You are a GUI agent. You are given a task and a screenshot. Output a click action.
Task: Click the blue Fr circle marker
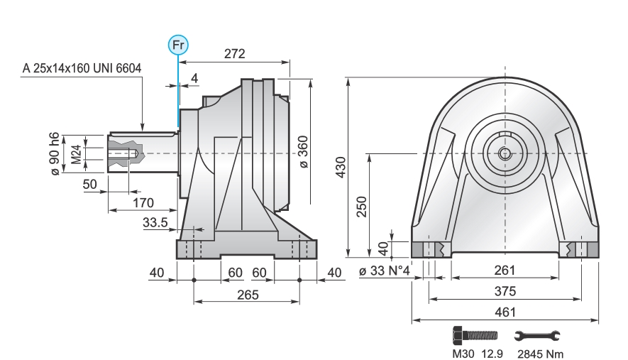click(178, 45)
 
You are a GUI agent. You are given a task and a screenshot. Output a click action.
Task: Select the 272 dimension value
click(234, 54)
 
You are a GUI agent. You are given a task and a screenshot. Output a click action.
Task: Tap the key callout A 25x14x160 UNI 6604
click(82, 68)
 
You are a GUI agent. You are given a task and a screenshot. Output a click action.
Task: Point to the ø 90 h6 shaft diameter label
click(55, 153)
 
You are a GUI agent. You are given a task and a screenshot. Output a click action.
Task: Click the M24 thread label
click(76, 154)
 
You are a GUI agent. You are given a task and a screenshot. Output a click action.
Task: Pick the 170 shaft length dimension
click(143, 203)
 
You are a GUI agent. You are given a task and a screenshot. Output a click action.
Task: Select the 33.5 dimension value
click(155, 222)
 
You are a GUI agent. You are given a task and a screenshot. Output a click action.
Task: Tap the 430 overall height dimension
click(340, 167)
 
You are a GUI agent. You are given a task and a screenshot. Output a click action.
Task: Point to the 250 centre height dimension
click(362, 207)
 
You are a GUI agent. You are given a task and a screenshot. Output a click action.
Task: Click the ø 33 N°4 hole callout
click(384, 271)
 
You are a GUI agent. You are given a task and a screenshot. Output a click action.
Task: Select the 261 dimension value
click(505, 271)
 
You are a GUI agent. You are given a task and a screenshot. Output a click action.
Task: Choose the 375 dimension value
click(505, 291)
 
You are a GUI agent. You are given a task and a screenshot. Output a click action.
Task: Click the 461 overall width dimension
click(505, 312)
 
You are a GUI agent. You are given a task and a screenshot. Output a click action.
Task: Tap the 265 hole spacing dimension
click(248, 295)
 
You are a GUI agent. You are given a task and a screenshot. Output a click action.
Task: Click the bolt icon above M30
click(475, 335)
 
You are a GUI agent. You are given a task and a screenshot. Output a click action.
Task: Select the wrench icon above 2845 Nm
click(537, 336)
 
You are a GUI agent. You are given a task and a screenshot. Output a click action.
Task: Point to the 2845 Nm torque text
click(540, 354)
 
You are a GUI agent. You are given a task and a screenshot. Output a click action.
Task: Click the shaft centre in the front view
click(505, 153)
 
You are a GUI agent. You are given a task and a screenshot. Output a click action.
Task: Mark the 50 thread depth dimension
click(89, 184)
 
